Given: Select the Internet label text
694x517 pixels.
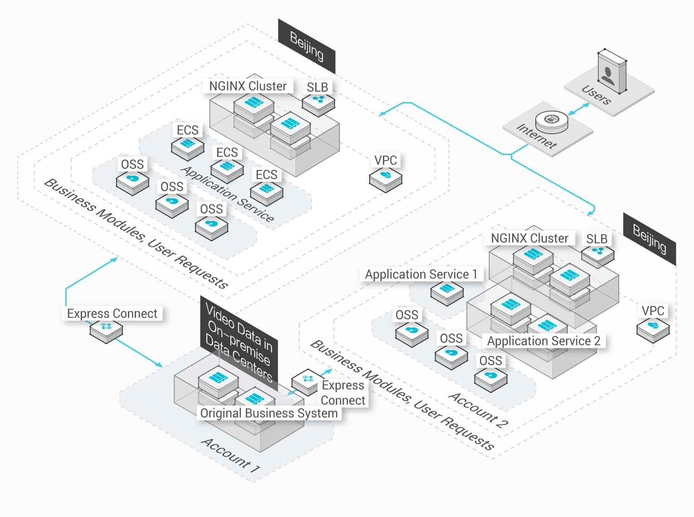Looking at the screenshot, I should [537, 136].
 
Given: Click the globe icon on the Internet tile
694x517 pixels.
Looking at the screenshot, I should [551, 120].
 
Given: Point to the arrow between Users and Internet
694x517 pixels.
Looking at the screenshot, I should [579, 109].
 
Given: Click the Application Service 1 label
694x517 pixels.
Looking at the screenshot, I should [421, 274].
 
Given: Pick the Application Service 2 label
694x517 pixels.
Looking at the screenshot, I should [543, 341].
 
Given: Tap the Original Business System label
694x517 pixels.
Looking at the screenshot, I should [269, 413].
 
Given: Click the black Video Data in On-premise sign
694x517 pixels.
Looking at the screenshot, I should [239, 340].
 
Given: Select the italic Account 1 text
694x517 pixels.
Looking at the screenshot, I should [230, 455].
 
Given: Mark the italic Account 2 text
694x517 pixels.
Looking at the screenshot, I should [478, 410].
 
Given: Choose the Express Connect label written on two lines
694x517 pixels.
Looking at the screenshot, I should [343, 393].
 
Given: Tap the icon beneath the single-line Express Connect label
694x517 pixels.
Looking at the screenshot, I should [106, 328].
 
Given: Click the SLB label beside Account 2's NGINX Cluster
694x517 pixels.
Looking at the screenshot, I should [596, 239].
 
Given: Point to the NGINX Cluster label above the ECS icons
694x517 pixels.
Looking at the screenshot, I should [248, 86].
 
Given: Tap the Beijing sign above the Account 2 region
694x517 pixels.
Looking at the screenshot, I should [649, 239].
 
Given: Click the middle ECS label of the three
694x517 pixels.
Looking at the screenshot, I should [227, 152].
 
